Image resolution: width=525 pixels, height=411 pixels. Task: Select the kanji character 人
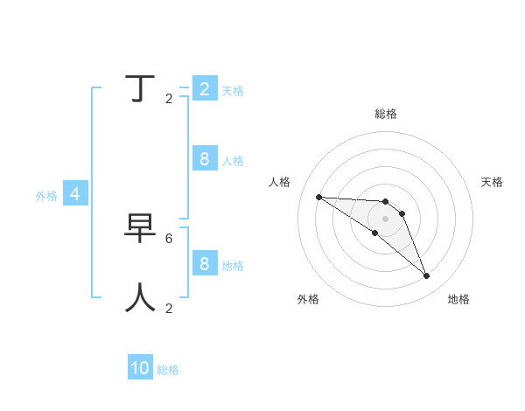(141, 297)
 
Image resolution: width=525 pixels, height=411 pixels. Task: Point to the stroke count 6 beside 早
(169, 238)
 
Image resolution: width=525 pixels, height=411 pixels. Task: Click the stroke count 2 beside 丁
(169, 98)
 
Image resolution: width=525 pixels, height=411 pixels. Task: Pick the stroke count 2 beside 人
(169, 308)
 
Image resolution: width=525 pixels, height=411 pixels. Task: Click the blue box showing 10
(140, 368)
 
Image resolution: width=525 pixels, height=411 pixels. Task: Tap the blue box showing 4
(75, 194)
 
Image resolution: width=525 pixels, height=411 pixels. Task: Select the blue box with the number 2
(204, 88)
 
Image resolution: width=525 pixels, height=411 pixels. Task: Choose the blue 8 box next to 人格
(204, 158)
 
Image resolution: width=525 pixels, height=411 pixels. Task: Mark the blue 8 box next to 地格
(204, 263)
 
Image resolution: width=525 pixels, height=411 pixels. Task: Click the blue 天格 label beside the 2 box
(233, 91)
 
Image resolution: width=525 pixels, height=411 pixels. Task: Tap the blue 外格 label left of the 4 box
(46, 196)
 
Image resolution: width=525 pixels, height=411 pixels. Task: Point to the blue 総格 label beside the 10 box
(168, 370)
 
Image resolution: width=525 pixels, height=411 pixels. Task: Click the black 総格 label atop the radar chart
(386, 114)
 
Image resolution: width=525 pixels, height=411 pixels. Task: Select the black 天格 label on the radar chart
(492, 182)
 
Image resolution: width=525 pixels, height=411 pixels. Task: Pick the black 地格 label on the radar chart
(458, 299)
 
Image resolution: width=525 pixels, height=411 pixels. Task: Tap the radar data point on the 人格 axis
(318, 197)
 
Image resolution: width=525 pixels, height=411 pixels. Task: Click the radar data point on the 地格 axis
(426, 276)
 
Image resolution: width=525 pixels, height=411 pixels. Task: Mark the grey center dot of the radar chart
(386, 219)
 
